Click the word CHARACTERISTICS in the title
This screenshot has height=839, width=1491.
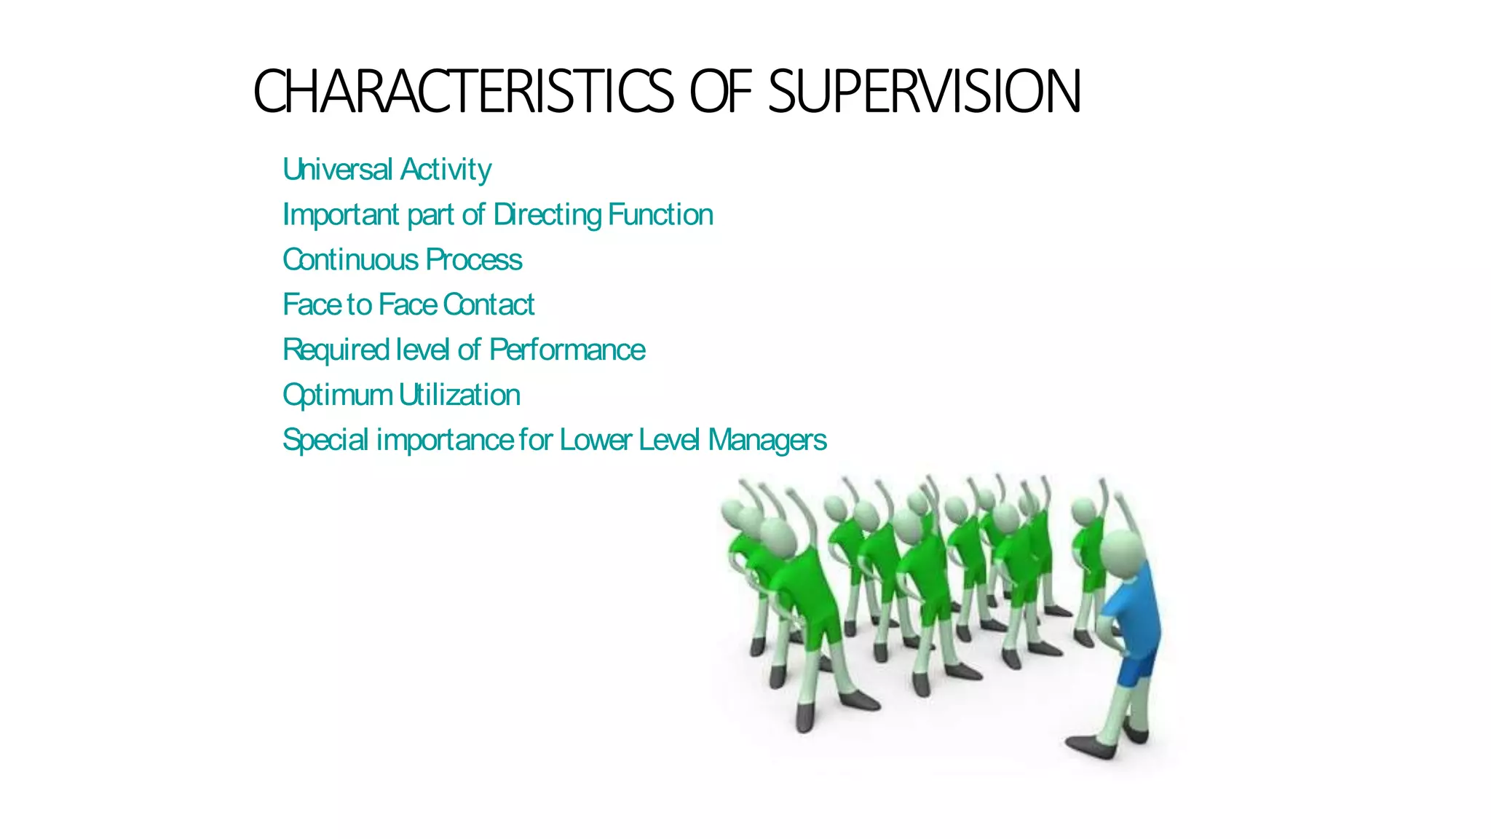click(x=463, y=92)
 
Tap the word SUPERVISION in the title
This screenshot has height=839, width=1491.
click(x=925, y=92)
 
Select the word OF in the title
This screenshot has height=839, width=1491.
click(x=720, y=92)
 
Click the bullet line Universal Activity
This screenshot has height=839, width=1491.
click(x=387, y=170)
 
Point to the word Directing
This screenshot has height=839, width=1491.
click(x=547, y=216)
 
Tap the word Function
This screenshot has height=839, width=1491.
click(x=660, y=215)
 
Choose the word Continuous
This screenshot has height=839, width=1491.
click(x=351, y=260)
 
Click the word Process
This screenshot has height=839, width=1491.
click(x=474, y=260)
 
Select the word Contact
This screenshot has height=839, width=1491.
click(x=489, y=305)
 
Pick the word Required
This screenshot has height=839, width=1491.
click(x=336, y=350)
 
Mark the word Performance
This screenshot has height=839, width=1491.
click(x=567, y=350)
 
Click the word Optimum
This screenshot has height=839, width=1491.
click(x=338, y=395)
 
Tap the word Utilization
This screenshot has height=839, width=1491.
click(x=460, y=395)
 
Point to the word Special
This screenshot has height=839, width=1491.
click(x=325, y=441)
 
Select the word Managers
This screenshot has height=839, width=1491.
click(x=767, y=441)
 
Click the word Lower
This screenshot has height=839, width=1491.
click(x=596, y=441)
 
